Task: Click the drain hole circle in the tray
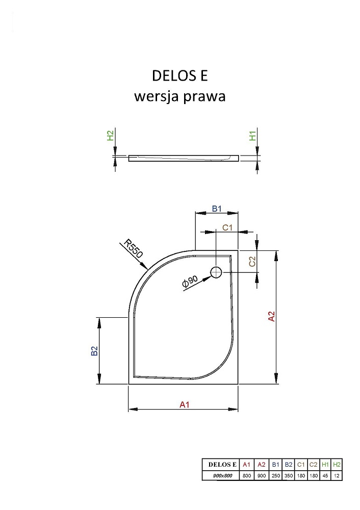[216, 272]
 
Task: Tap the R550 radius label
[133, 249]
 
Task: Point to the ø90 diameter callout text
[190, 281]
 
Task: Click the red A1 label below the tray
[185, 404]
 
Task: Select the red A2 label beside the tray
[271, 317]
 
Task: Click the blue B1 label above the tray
[217, 209]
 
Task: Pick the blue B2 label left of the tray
[94, 351]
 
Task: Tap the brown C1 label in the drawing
[227, 227]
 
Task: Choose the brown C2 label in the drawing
[252, 261]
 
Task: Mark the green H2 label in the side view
[110, 135]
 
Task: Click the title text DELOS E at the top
[180, 75]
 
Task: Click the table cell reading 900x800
[222, 475]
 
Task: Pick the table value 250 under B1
[275, 475]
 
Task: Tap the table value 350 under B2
[289, 475]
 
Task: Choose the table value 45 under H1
[325, 475]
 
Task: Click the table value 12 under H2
[337, 475]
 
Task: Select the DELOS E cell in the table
[222, 465]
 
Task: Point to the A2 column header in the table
[262, 465]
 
